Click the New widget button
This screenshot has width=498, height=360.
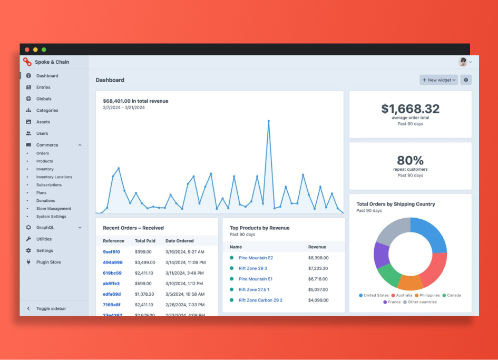pyautogui.click(x=439, y=80)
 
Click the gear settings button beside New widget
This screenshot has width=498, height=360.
pyautogui.click(x=466, y=80)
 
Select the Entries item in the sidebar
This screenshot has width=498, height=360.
pyautogui.click(x=43, y=87)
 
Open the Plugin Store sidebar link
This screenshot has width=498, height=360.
pyautogui.click(x=48, y=262)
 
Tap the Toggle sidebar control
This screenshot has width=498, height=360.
pyautogui.click(x=51, y=308)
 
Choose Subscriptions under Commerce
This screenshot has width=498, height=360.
pyautogui.click(x=49, y=185)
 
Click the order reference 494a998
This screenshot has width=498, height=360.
pyautogui.click(x=112, y=262)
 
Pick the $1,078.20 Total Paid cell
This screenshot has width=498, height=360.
pyautogui.click(x=144, y=294)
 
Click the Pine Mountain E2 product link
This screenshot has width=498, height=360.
pyautogui.click(x=256, y=258)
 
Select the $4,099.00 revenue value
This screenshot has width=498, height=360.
pyautogui.click(x=318, y=300)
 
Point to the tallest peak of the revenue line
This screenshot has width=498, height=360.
pyautogui.click(x=269, y=121)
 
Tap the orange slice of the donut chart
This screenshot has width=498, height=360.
pyautogui.click(x=410, y=283)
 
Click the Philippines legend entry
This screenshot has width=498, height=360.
pyautogui.click(x=427, y=296)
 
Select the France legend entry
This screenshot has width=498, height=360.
pyautogui.click(x=393, y=302)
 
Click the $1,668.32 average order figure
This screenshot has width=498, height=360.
pyautogui.click(x=410, y=109)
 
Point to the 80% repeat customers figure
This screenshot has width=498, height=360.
pyautogui.click(x=410, y=160)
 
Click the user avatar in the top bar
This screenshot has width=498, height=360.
pyautogui.click(x=463, y=62)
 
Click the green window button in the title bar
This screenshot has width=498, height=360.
pyautogui.click(x=44, y=50)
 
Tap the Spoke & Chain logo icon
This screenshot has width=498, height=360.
pyautogui.click(x=27, y=62)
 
